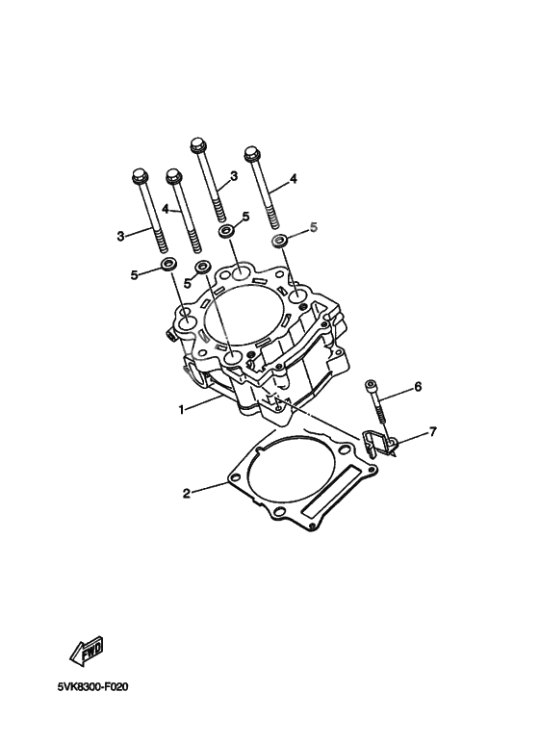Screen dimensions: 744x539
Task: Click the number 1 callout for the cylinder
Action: pos(180,409)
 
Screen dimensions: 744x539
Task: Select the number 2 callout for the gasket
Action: pos(187,494)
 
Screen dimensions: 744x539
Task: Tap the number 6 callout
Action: pos(418,387)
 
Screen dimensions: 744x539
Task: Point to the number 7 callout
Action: pos(432,432)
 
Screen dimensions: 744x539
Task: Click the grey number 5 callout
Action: pos(312,227)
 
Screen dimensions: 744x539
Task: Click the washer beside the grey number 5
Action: pos(280,239)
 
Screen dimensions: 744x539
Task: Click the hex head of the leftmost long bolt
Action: pos(138,177)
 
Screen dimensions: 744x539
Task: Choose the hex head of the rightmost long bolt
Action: pos(253,153)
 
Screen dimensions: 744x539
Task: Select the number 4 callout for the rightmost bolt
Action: pos(294,179)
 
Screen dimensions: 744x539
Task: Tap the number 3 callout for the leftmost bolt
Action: pos(121,235)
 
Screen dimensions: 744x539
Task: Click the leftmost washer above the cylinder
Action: pos(167,265)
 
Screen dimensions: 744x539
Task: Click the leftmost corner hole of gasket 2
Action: pos(234,475)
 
